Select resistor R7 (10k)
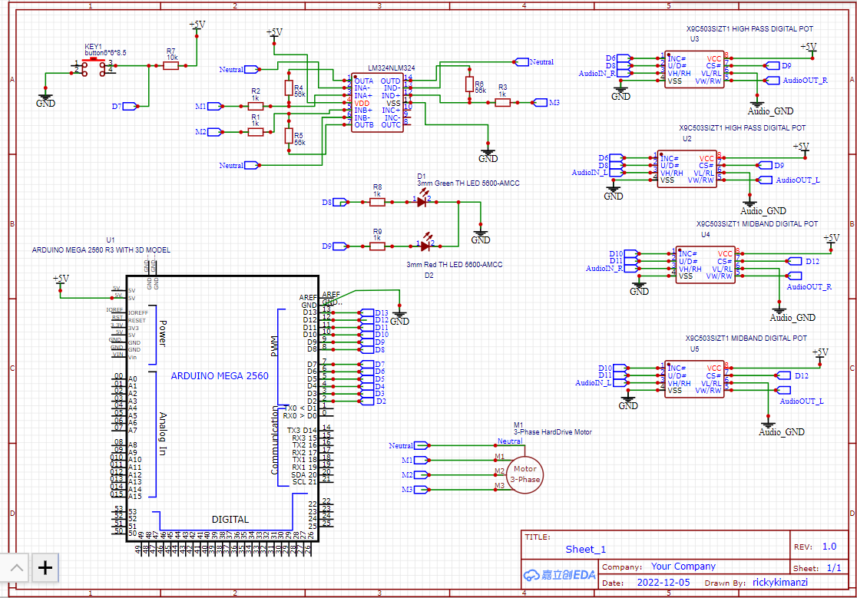pyautogui.click(x=171, y=66)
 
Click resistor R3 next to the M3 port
pyautogui.click(x=502, y=101)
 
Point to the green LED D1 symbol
pyautogui.click(x=422, y=201)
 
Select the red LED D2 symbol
pyautogui.click(x=425, y=246)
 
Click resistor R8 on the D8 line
pyautogui.click(x=376, y=202)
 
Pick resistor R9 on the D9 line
pyautogui.click(x=376, y=246)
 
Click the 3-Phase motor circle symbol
pyautogui.click(x=526, y=474)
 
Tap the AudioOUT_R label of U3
pyautogui.click(x=804, y=80)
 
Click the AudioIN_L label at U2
pyautogui.click(x=590, y=173)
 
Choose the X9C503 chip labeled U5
pyautogui.click(x=694, y=379)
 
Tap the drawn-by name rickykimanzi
pyautogui.click(x=779, y=583)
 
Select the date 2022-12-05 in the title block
pyautogui.click(x=663, y=583)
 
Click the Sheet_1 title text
pyautogui.click(x=585, y=549)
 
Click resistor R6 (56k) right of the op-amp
pyautogui.click(x=468, y=84)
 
